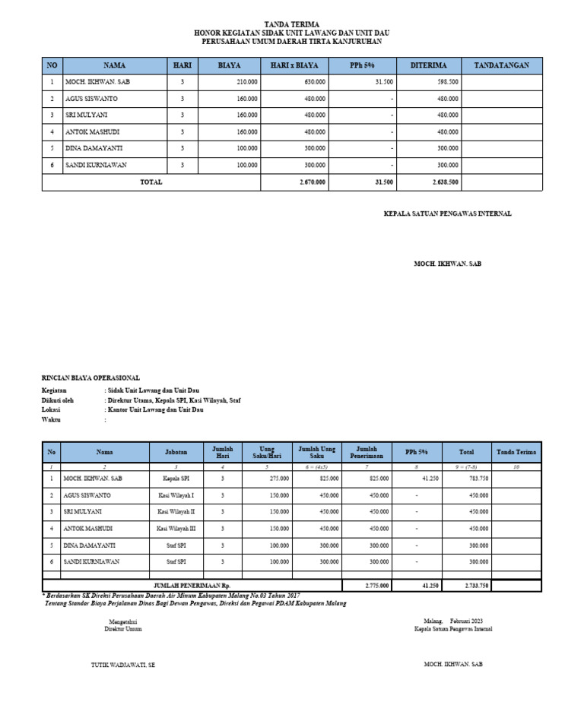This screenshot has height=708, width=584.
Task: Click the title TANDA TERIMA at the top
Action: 292,24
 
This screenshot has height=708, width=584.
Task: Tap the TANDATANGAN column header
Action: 501,65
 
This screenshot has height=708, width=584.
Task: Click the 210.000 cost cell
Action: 247,82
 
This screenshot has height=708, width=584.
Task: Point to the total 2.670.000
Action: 313,182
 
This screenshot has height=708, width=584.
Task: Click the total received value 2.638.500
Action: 444,182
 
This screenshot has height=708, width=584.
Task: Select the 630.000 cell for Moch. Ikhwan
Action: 315,82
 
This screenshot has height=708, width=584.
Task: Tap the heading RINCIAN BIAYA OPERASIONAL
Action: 90,378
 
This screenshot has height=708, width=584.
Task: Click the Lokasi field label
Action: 51,409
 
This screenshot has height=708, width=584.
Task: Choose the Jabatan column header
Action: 176,451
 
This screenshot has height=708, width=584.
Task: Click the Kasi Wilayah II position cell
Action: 176,511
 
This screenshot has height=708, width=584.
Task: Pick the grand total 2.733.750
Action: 476,585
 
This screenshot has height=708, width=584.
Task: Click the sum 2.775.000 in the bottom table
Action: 377,585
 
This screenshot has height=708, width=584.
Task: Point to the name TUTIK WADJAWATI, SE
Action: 123,664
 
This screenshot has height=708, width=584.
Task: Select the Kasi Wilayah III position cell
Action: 176,528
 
